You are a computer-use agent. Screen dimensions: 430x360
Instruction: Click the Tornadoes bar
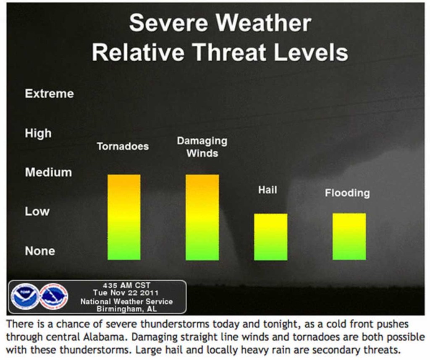pyautogui.click(x=124, y=217)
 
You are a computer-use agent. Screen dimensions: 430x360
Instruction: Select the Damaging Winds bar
pyautogui.click(x=202, y=217)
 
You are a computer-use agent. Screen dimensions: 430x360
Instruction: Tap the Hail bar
pyautogui.click(x=271, y=237)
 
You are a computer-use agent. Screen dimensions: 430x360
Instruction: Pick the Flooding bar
pyautogui.click(x=349, y=237)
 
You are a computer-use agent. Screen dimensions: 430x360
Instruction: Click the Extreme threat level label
pyautogui.click(x=50, y=94)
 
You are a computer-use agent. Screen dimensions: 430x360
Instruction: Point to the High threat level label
pyautogui.click(x=38, y=133)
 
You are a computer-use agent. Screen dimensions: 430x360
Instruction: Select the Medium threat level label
pyautogui.click(x=49, y=172)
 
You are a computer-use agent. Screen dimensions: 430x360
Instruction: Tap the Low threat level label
pyautogui.click(x=37, y=211)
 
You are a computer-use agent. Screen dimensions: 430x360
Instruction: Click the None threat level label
pyautogui.click(x=40, y=251)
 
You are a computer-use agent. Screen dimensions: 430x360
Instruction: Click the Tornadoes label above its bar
pyautogui.click(x=123, y=146)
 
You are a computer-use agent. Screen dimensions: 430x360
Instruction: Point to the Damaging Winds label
pyautogui.click(x=202, y=147)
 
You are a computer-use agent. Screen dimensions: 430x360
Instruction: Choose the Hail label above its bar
pyautogui.click(x=267, y=190)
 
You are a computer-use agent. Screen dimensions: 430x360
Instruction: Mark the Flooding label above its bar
pyautogui.click(x=347, y=193)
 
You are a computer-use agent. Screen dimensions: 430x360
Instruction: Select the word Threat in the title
pyautogui.click(x=230, y=52)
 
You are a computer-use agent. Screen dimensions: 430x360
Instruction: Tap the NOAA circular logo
pyautogui.click(x=25, y=297)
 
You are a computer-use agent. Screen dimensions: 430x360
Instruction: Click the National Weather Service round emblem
pyautogui.click(x=54, y=297)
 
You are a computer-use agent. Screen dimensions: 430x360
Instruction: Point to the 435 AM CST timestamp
pyautogui.click(x=126, y=285)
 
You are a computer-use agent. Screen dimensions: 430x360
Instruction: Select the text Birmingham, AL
pyautogui.click(x=127, y=309)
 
